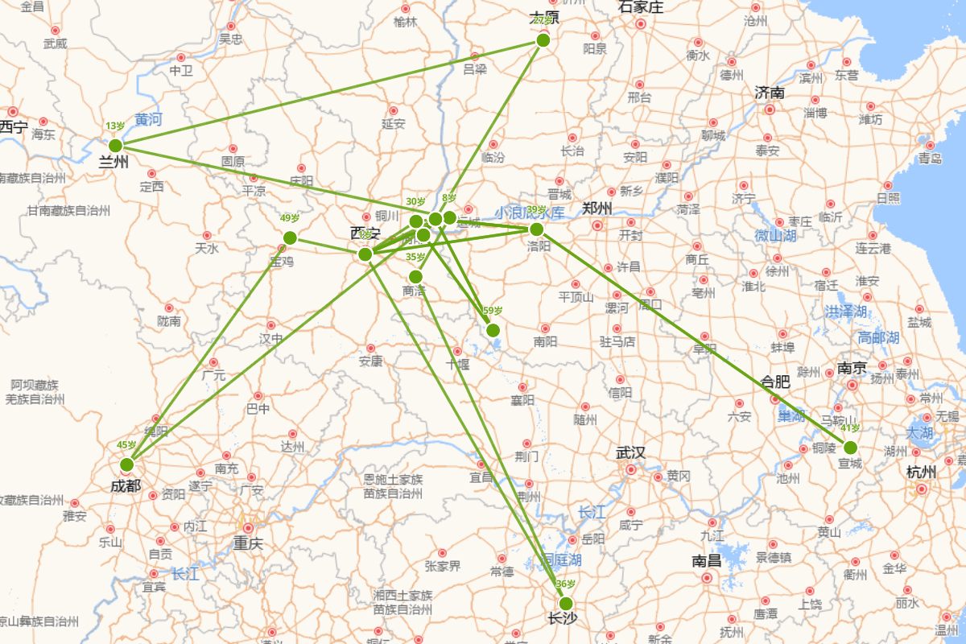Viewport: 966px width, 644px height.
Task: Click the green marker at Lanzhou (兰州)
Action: (115, 146)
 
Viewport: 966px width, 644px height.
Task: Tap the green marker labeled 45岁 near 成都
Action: (126, 464)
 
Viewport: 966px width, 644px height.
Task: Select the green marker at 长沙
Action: (566, 604)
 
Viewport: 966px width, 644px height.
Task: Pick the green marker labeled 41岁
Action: (850, 448)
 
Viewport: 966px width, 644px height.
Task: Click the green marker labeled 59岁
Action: (493, 330)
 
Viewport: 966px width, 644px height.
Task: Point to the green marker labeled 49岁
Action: (290, 237)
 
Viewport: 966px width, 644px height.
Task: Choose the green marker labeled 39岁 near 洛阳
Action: (537, 229)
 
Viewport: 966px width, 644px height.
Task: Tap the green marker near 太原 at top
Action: (543, 40)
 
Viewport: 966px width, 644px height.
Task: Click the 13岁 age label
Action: (114, 126)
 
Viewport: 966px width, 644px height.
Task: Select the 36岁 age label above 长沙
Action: (565, 584)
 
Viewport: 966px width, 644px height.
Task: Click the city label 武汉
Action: (630, 453)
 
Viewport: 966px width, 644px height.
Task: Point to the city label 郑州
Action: (597, 208)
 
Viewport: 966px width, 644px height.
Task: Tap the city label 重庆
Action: (248, 543)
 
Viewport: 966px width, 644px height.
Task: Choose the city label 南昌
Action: (706, 561)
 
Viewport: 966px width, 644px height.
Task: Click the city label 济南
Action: (770, 93)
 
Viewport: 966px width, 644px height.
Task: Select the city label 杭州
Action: (921, 472)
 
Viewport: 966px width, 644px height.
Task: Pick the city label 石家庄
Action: (641, 7)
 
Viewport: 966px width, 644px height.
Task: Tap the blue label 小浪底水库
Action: (530, 213)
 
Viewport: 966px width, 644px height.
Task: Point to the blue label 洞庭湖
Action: (561, 559)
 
